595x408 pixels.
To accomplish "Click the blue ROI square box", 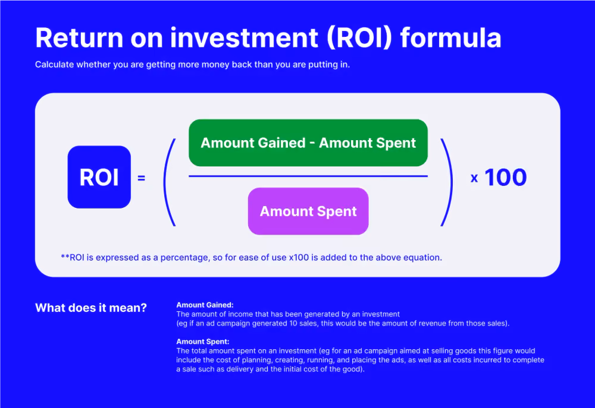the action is tap(99, 177).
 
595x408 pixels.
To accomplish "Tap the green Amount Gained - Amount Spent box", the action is tap(308, 143).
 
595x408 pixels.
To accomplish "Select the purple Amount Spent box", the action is tap(308, 211).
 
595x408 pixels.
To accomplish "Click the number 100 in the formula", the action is tap(506, 178).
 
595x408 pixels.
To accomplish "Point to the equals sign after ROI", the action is tap(141, 178).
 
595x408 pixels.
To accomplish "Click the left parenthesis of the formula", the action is tap(169, 182).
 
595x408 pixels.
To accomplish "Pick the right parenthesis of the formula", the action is tap(447, 182).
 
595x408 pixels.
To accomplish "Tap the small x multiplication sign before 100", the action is tap(474, 178).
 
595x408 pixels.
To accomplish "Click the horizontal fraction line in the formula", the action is tap(308, 176).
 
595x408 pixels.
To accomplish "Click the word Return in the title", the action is tap(79, 38).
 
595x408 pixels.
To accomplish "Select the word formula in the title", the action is tap(451, 37).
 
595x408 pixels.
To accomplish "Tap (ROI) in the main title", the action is tap(359, 38).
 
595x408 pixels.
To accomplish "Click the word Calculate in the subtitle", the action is tap(55, 64).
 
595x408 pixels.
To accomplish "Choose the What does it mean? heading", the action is tap(91, 308).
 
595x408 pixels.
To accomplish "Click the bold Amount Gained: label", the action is tap(205, 305).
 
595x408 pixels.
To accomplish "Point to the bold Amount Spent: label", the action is tap(203, 341).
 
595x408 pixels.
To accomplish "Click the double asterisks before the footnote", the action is tap(65, 257).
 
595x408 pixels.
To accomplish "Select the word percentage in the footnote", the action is tap(184, 258).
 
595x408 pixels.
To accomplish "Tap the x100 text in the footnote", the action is tap(299, 258).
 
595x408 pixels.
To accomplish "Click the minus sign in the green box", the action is tap(312, 144).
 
